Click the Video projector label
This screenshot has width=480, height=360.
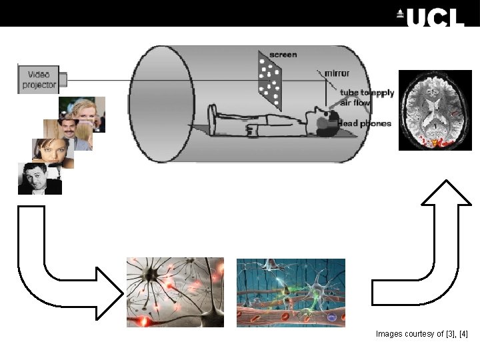point(40,79)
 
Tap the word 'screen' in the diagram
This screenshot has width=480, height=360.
point(283,54)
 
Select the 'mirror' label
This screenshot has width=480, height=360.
point(337,73)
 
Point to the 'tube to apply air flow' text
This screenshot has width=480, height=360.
point(367,97)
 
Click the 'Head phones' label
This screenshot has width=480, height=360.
point(364,123)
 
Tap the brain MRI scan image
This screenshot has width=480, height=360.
point(435,109)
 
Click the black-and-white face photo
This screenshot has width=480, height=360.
point(39,178)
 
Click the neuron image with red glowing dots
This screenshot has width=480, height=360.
point(175,292)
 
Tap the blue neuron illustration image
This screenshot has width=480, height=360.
point(291,292)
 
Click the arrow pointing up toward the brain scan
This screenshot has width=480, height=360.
point(440,247)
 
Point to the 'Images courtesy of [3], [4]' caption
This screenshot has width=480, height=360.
point(422,333)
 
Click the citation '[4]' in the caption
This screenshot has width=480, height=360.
point(464,333)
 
